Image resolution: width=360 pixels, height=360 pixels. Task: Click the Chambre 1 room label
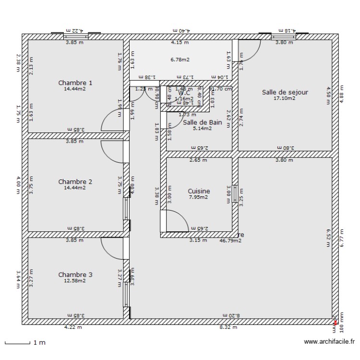click(x=75, y=83)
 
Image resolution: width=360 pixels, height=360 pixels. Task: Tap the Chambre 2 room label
click(x=75, y=181)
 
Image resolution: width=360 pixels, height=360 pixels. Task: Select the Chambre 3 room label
click(x=75, y=275)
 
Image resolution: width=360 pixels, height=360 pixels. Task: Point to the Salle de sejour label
click(x=285, y=92)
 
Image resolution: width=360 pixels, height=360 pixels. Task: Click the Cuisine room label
click(x=199, y=191)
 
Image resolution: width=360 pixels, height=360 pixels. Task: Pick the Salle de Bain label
click(x=203, y=122)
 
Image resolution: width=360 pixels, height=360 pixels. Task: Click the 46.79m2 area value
click(x=230, y=240)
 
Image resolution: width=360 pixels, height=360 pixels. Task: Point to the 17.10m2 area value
click(x=285, y=98)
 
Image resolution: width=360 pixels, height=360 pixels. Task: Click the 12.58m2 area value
click(x=75, y=281)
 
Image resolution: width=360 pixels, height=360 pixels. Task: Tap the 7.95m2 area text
click(x=198, y=197)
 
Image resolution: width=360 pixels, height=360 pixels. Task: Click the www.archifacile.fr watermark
click(x=329, y=342)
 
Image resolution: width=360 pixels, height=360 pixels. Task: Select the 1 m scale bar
click(x=24, y=343)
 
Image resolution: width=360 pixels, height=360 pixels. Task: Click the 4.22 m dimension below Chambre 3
click(x=73, y=328)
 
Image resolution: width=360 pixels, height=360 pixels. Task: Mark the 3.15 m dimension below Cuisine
click(x=198, y=240)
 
